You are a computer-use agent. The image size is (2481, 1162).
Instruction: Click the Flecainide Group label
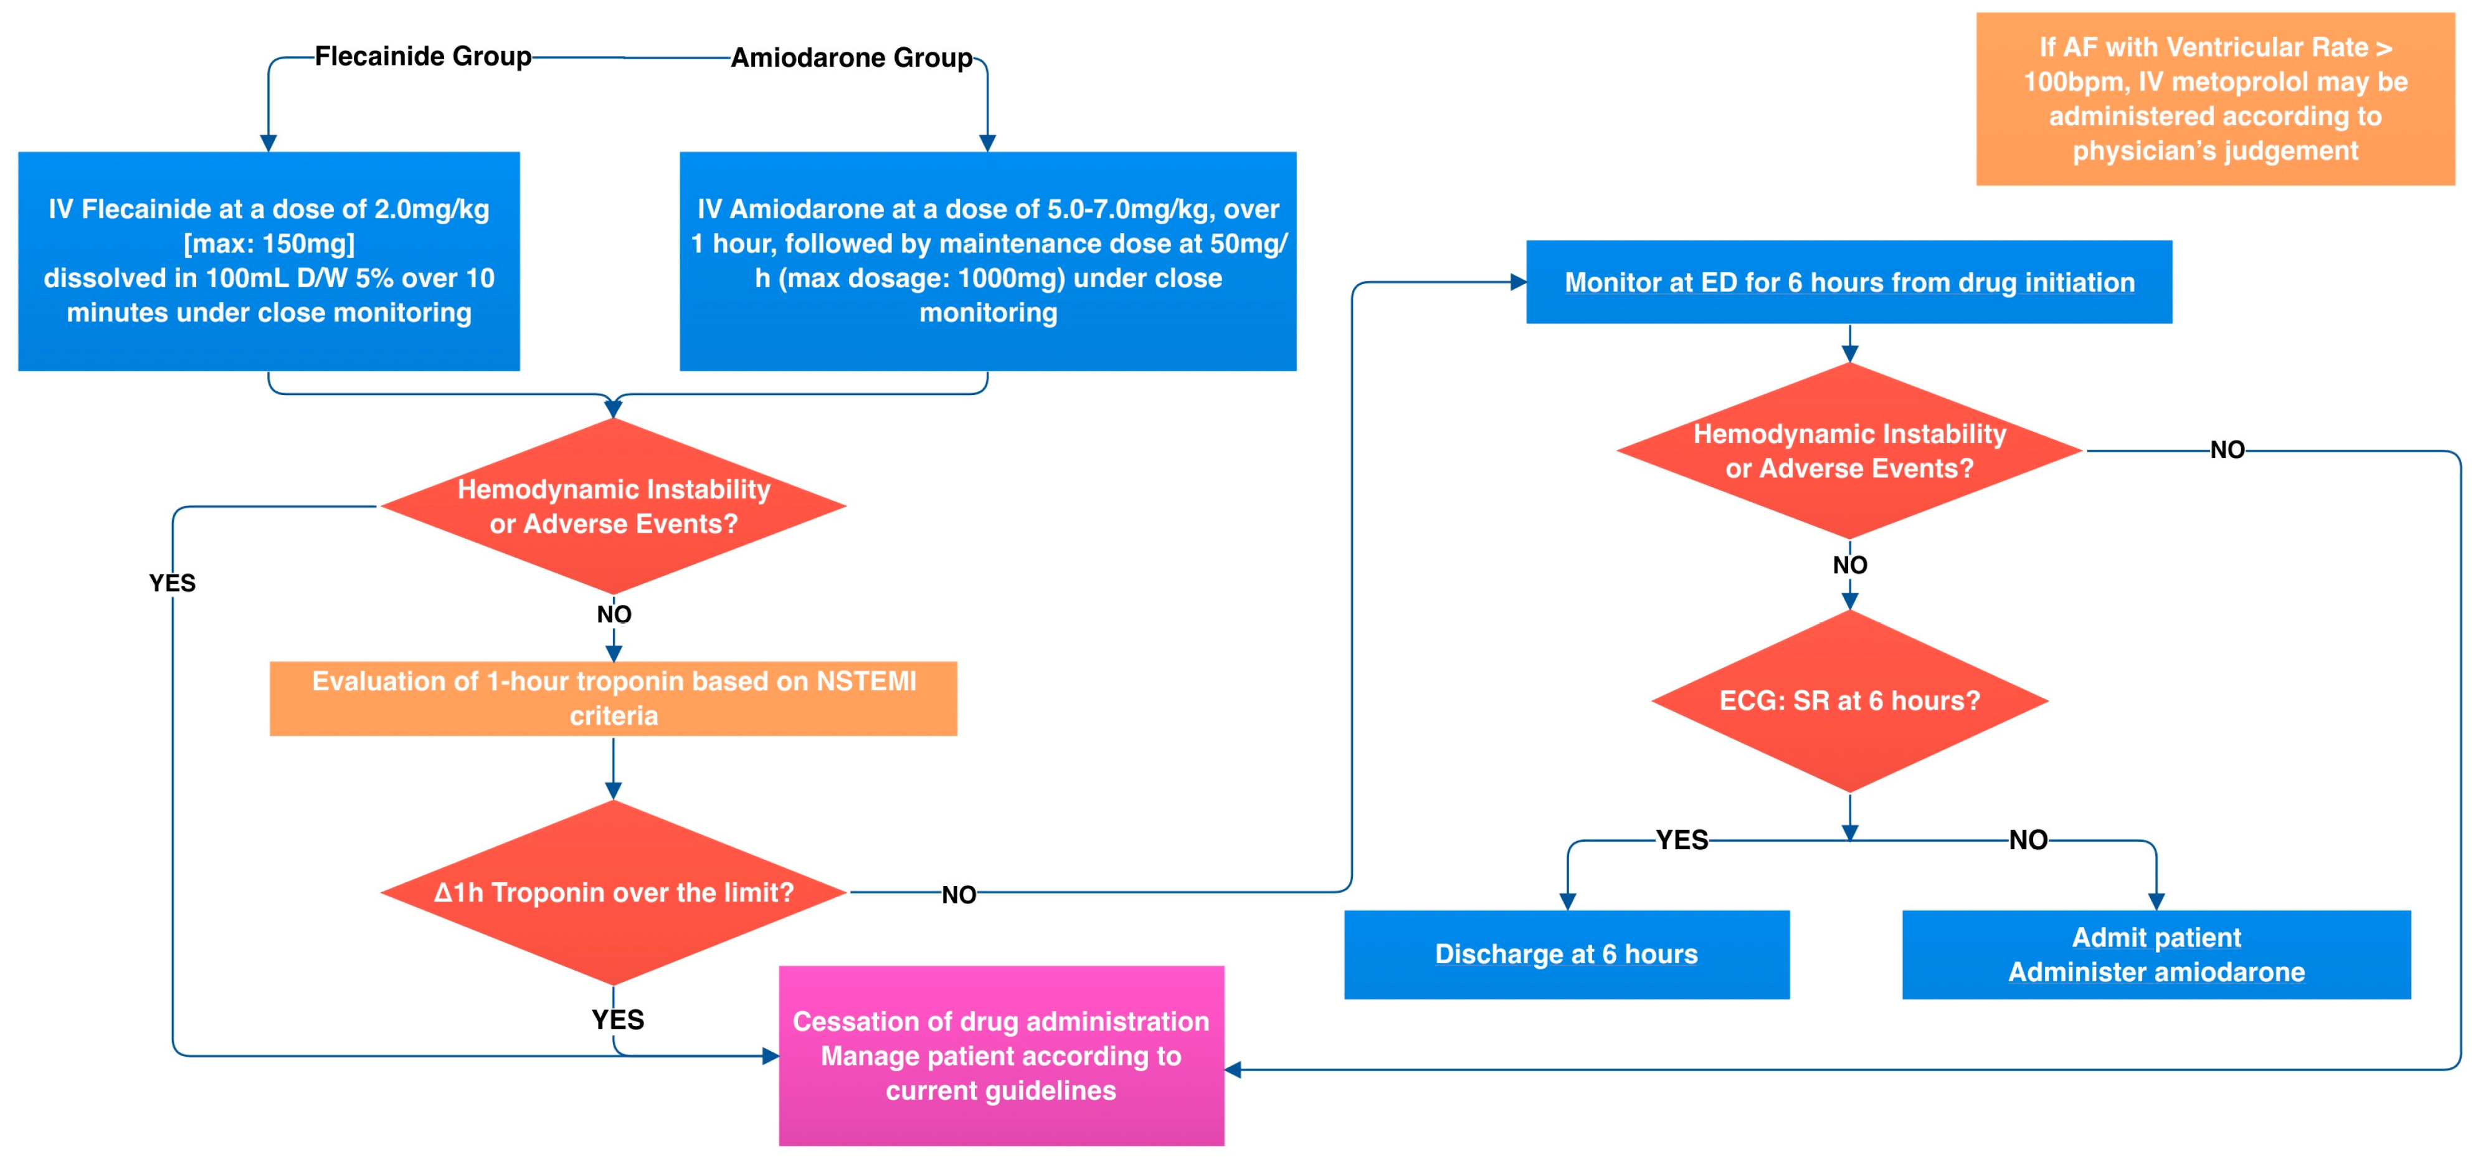(423, 56)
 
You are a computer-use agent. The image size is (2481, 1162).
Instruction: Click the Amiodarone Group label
(852, 58)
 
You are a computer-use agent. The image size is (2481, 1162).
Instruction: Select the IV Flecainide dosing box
(268, 261)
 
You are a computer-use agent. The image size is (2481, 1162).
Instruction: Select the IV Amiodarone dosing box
(987, 261)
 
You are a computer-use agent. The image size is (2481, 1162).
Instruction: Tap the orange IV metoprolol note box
(2214, 99)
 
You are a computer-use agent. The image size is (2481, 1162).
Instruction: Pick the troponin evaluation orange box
(614, 698)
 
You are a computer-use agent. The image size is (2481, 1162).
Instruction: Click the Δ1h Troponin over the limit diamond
(614, 892)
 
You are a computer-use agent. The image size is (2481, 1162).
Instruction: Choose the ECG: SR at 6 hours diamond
(1849, 700)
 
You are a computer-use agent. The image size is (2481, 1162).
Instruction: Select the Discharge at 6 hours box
(1566, 954)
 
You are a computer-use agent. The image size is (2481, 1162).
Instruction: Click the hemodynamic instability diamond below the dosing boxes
(614, 506)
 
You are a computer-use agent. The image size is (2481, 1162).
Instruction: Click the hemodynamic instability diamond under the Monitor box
(1849, 451)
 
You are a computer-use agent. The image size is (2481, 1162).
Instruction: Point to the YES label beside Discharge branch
(1682, 840)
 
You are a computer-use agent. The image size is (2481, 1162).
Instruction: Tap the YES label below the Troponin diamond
(617, 1019)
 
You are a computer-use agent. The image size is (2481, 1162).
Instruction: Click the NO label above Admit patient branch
(2028, 840)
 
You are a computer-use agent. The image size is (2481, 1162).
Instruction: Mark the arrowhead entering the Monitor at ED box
(1519, 282)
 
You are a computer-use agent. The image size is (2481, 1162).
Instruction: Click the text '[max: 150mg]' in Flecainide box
(268, 244)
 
